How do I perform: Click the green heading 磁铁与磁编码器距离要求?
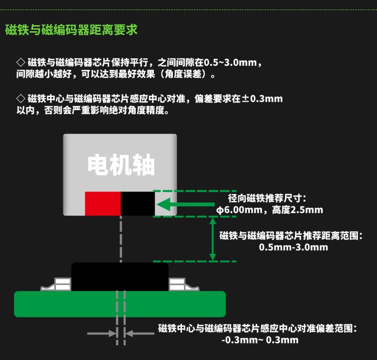(71, 30)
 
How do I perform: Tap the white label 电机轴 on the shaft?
(121, 165)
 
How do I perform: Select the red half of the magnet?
(103, 204)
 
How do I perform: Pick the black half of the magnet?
(138, 204)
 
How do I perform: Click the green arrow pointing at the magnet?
(185, 205)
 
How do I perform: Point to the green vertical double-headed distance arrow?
(213, 239)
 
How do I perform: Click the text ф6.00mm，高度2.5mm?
(269, 210)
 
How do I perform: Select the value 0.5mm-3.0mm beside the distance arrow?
(294, 247)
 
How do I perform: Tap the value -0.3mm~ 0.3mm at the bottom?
(260, 340)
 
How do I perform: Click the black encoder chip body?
(120, 277)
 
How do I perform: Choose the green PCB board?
(120, 304)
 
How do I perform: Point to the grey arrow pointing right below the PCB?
(102, 333)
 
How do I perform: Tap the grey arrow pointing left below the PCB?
(140, 333)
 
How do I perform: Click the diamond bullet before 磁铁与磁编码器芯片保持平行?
(21, 62)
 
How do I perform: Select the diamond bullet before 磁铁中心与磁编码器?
(21, 99)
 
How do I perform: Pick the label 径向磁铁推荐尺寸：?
(267, 198)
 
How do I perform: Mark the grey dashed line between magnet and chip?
(121, 239)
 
